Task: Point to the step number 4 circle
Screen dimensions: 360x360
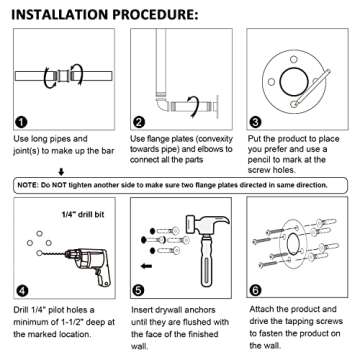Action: pos(19,291)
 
